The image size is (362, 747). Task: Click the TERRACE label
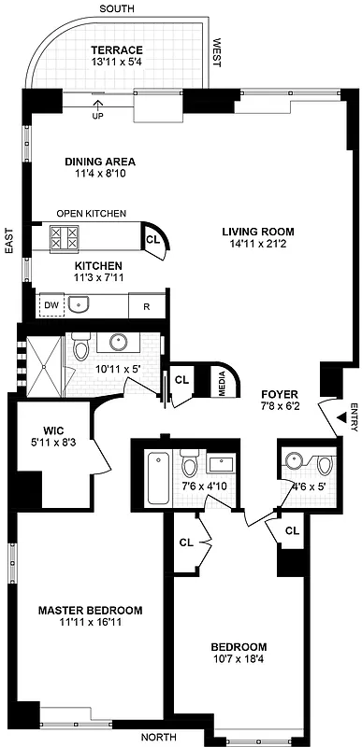click(116, 49)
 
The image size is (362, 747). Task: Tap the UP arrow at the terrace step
click(97, 110)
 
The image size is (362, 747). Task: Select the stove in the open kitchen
click(64, 238)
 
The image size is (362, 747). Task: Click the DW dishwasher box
click(51, 304)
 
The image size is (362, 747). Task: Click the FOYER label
click(278, 393)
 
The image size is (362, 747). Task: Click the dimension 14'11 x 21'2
click(257, 246)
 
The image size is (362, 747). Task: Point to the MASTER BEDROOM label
click(90, 611)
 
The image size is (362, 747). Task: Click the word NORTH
click(158, 737)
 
